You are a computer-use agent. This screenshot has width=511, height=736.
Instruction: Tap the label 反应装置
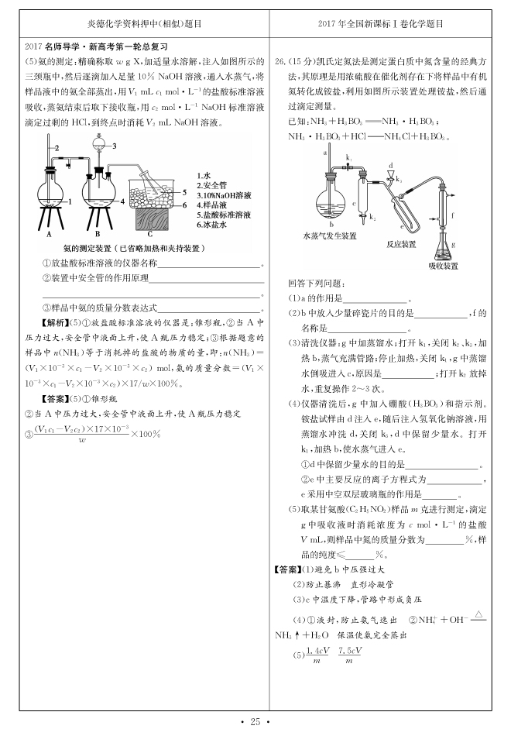402,243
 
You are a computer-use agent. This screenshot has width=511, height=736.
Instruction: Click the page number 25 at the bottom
255,722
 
